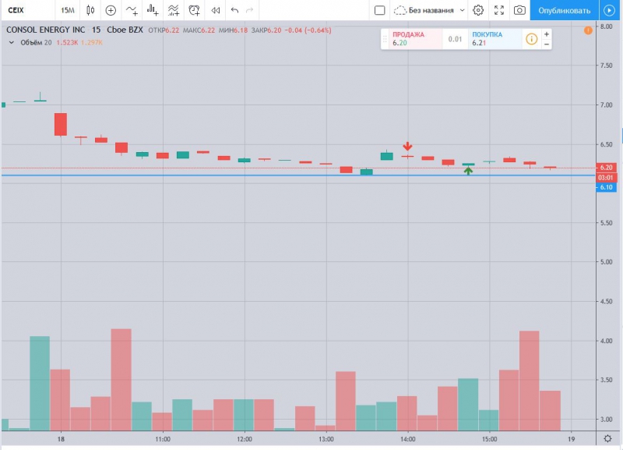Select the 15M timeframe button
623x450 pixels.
click(x=68, y=11)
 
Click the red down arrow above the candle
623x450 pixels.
click(x=407, y=147)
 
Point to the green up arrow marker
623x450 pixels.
click(x=468, y=171)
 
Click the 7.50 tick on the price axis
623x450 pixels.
click(x=606, y=66)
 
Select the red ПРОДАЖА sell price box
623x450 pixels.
click(x=411, y=39)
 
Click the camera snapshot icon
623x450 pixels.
click(x=519, y=11)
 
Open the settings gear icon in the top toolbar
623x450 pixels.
click(x=478, y=11)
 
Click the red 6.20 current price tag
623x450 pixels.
click(x=607, y=168)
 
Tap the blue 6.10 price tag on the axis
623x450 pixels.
click(x=607, y=187)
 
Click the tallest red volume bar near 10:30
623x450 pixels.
click(x=121, y=379)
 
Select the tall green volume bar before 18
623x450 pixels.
click(x=40, y=382)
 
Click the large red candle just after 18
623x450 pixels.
click(x=60, y=124)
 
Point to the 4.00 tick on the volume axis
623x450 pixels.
click(x=606, y=341)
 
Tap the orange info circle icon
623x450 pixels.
click(x=531, y=39)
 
